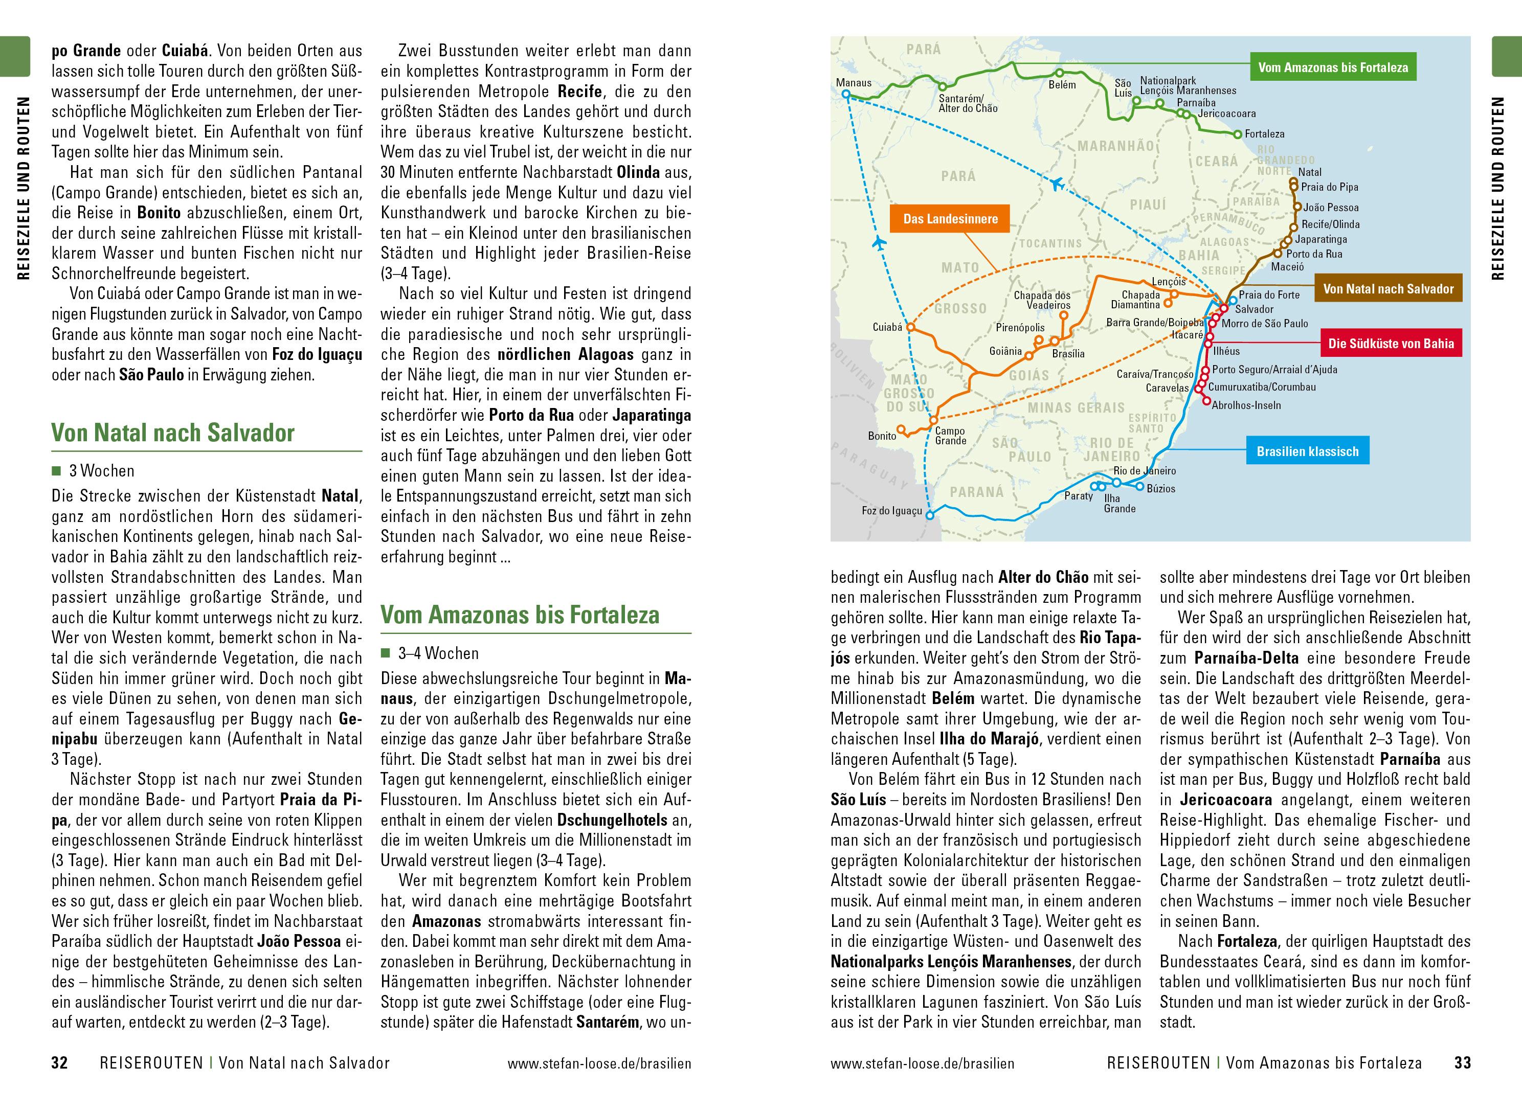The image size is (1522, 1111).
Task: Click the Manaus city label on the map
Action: coord(853,83)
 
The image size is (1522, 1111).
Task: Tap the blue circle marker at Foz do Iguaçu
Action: coord(929,516)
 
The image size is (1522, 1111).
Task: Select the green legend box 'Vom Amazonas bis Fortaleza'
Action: coord(1333,68)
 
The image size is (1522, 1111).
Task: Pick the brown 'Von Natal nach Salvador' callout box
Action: coord(1387,289)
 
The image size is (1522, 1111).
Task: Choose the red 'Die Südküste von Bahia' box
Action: coord(1391,344)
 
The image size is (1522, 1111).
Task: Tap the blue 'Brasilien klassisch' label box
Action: coord(1307,451)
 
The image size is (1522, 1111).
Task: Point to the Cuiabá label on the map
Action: coord(886,328)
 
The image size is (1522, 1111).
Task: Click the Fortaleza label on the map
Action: coord(1264,134)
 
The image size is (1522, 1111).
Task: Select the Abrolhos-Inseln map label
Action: coord(1246,405)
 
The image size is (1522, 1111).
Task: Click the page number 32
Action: coord(60,1063)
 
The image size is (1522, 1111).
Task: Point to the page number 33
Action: coord(1462,1063)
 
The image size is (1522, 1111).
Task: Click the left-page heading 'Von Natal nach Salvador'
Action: coord(173,433)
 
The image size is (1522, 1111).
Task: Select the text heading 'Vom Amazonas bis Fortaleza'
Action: coord(520,615)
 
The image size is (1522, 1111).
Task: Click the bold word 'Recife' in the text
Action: coord(580,92)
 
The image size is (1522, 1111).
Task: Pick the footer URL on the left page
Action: coord(598,1064)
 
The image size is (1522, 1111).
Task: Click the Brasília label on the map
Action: coord(1068,354)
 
